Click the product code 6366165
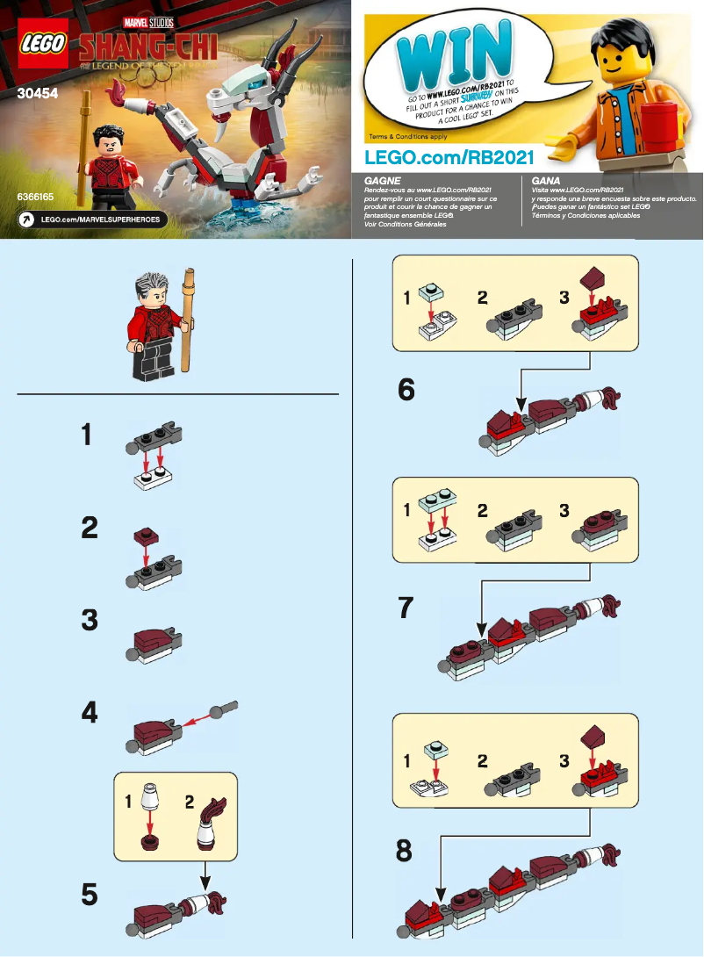(x=35, y=198)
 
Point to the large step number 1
(x=86, y=435)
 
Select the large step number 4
(x=89, y=713)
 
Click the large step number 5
(x=89, y=895)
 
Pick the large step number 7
(x=406, y=608)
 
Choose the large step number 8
(x=405, y=851)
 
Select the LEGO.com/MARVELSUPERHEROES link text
(x=101, y=219)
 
